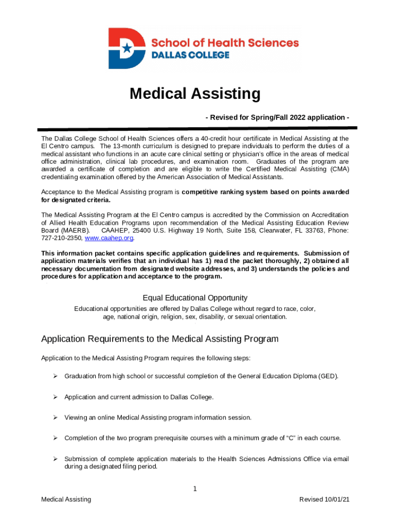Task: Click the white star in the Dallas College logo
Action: [x=127, y=48]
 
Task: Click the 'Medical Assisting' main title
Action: [x=195, y=94]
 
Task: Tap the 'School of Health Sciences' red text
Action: [x=224, y=43]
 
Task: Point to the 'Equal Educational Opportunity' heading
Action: [x=195, y=298]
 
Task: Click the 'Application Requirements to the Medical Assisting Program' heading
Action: [x=159, y=339]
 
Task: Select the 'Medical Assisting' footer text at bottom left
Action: [x=66, y=499]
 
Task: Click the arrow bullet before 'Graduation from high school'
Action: [x=53, y=376]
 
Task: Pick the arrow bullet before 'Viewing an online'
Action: [x=53, y=417]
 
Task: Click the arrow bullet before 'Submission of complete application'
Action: [x=53, y=459]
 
